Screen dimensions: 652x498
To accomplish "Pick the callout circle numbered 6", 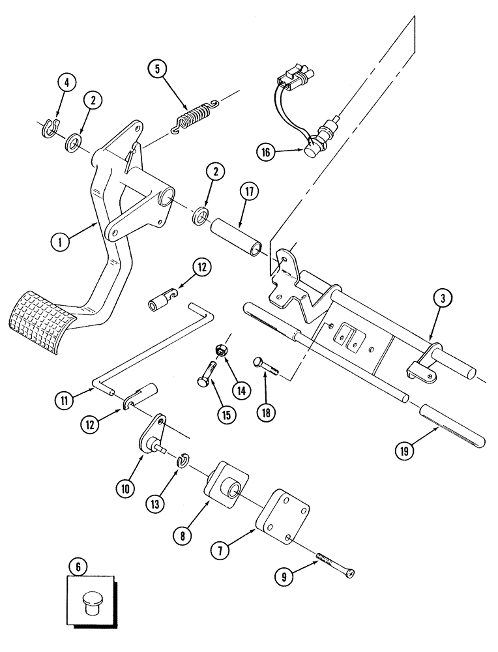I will (78, 567).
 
